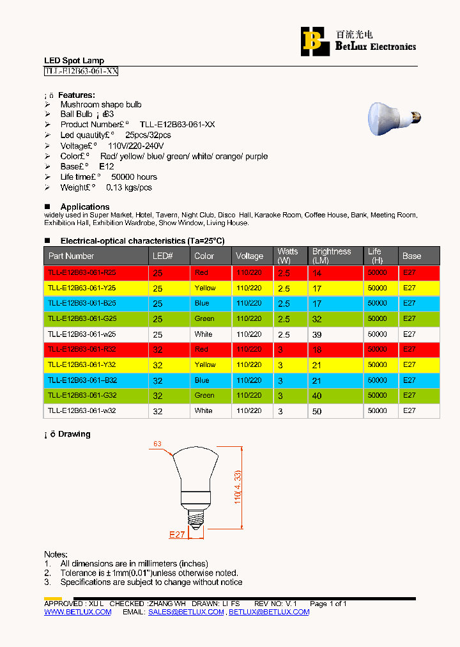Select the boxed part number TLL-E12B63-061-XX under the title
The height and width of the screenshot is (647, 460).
click(80, 72)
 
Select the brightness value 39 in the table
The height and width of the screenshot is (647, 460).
click(317, 334)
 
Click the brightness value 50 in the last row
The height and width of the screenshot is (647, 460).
click(317, 412)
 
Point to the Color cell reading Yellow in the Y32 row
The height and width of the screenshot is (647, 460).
click(205, 364)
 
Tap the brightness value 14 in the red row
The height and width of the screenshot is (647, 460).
click(317, 273)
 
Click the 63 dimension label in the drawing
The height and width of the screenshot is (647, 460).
click(157, 443)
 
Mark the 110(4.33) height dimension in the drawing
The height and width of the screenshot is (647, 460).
click(237, 488)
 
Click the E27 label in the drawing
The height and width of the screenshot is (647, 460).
click(177, 534)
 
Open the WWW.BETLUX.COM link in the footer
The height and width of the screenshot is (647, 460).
click(77, 612)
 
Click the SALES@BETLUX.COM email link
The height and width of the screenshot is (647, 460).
click(186, 612)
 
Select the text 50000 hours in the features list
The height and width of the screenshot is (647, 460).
click(134, 177)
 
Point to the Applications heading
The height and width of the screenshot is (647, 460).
click(85, 207)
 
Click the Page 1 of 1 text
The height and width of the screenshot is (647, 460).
click(328, 604)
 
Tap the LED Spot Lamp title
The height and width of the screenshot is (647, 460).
click(73, 61)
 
